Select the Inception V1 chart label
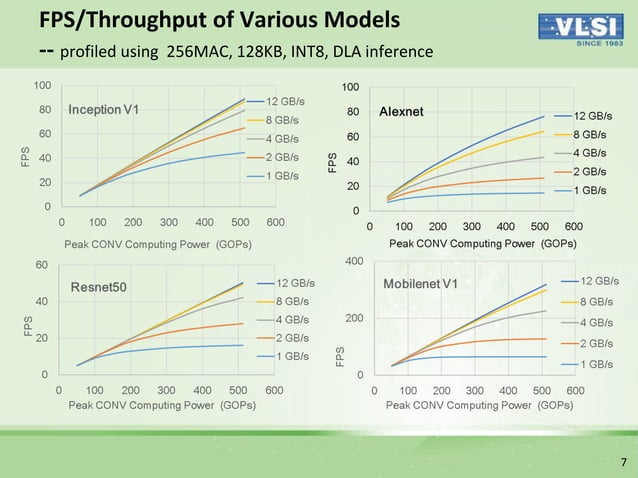[x=103, y=108]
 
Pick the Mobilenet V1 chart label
[x=421, y=284]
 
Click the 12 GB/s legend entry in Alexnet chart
[x=593, y=116]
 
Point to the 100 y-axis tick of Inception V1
[x=44, y=85]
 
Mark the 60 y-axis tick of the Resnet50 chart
[x=43, y=265]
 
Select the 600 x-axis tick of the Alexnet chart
[x=573, y=227]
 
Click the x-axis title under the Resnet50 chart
[x=161, y=405]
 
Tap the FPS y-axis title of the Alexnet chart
[x=335, y=160]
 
